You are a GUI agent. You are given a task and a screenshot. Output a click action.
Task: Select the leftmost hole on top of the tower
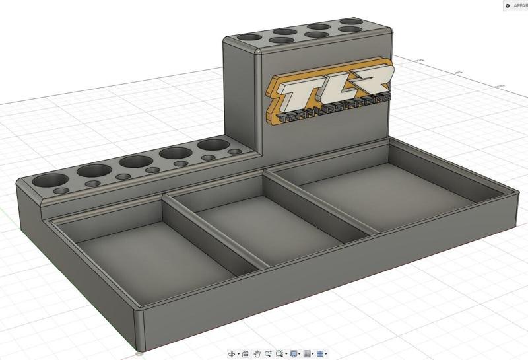[249, 38]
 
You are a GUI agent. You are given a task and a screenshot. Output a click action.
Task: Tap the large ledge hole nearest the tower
[212, 145]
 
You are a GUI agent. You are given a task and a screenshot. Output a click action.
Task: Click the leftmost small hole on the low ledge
[61, 191]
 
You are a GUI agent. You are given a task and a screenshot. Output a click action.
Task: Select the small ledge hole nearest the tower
[234, 152]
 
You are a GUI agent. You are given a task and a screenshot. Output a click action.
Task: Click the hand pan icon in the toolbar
[257, 354]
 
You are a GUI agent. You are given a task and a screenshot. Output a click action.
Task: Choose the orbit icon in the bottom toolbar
[232, 354]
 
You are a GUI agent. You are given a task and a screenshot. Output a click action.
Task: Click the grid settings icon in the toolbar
[307, 354]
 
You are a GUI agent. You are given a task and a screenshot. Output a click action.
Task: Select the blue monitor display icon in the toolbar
[294, 354]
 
